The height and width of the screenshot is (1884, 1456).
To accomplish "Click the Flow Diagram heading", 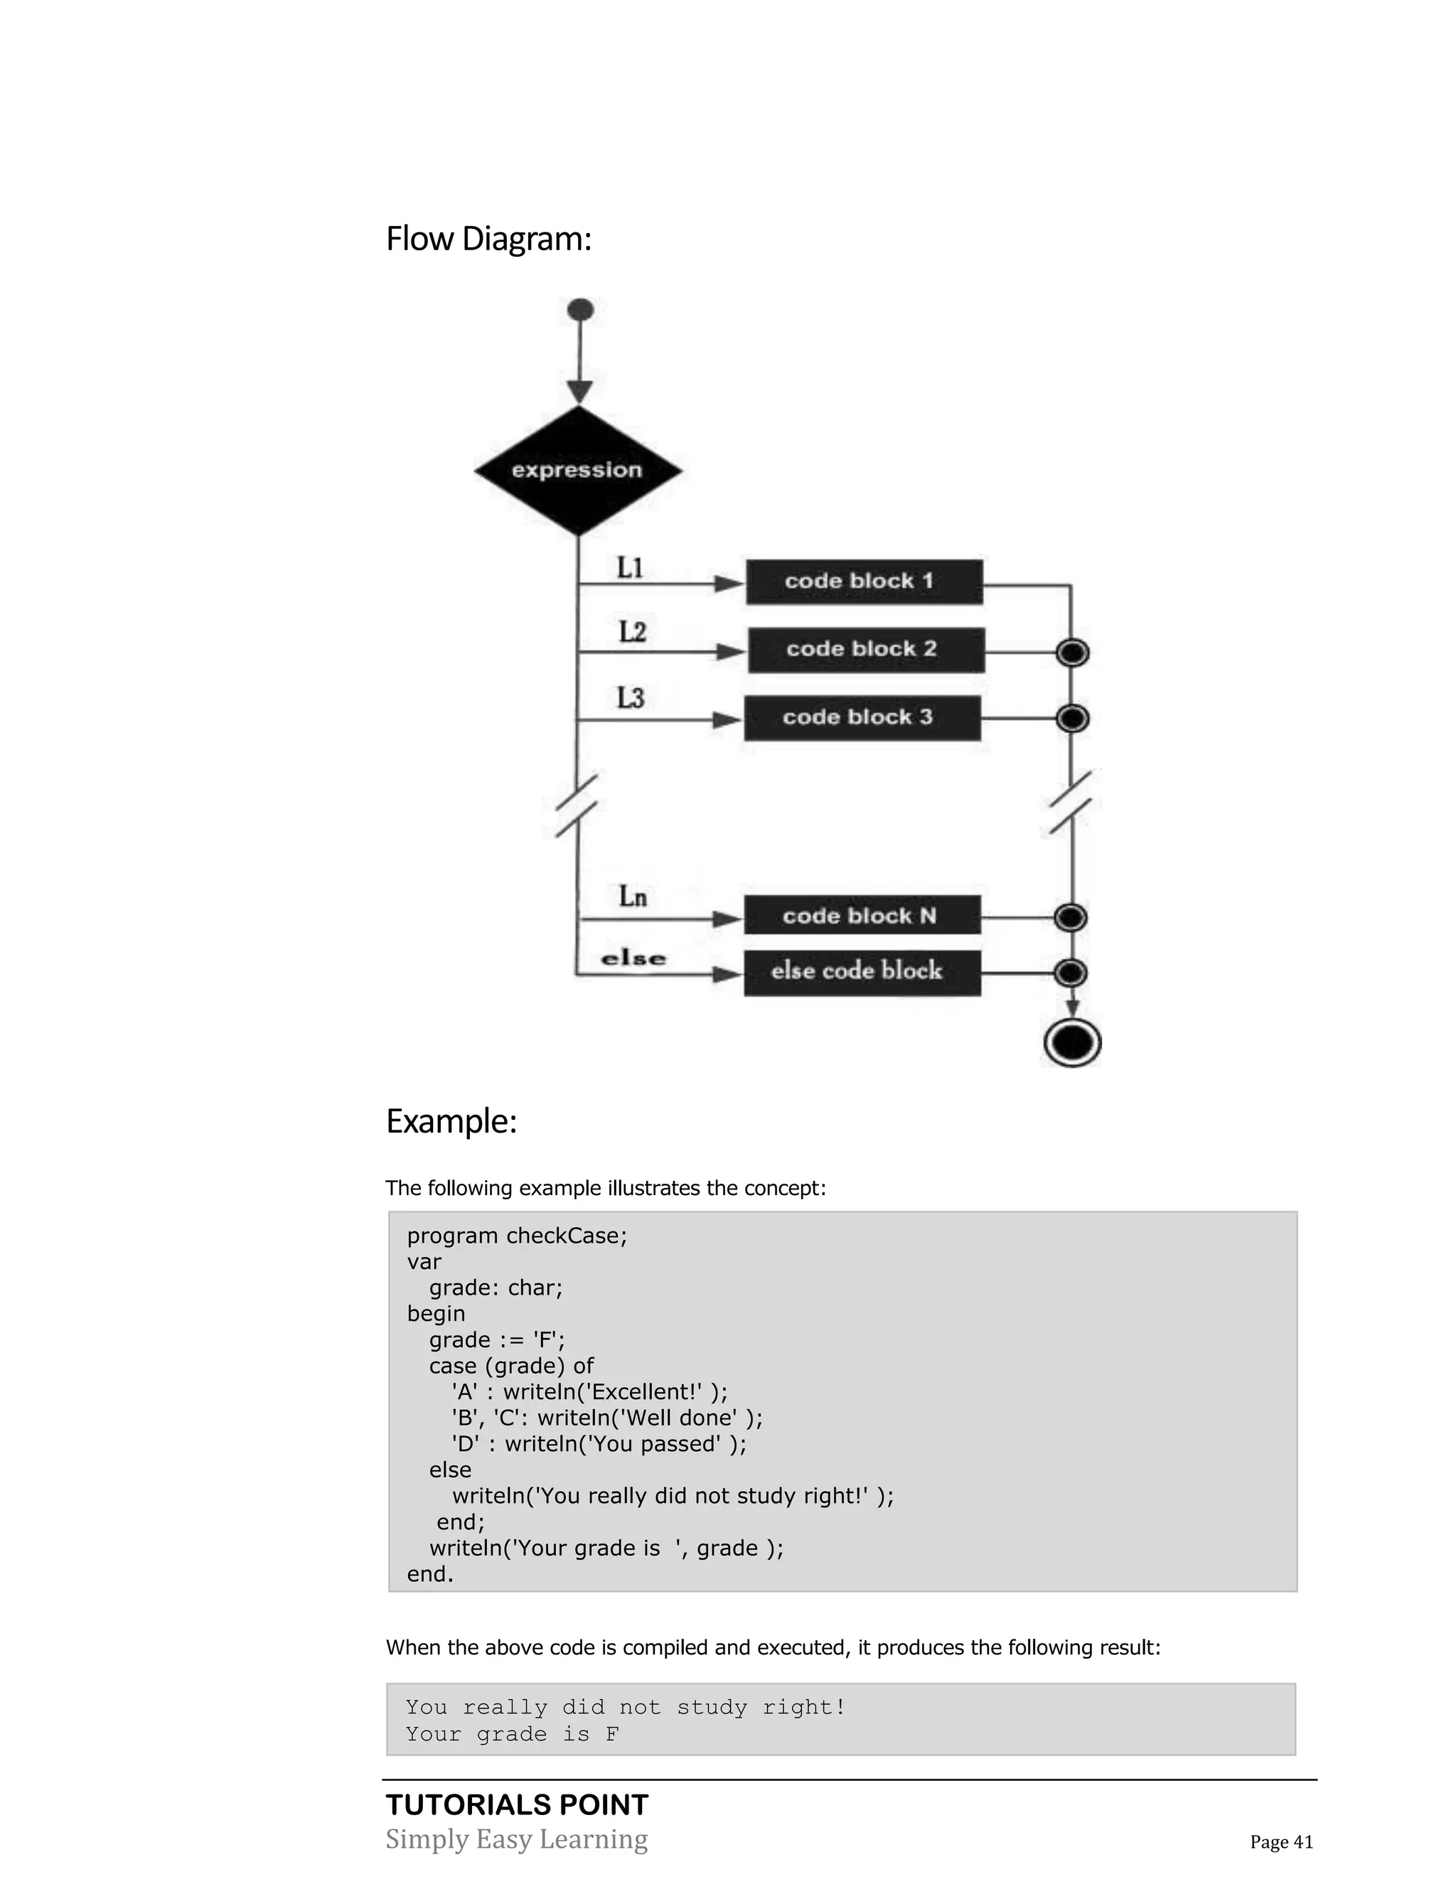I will pos(488,240).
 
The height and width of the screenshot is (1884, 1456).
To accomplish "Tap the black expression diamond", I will pos(578,471).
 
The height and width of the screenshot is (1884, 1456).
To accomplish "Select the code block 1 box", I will pos(863,582).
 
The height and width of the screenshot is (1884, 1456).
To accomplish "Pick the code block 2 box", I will pos(865,650).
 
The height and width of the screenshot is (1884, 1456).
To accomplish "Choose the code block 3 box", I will pos(862,718).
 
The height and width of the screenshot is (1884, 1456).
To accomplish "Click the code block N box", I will pos(862,916).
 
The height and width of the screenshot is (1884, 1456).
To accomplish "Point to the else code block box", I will pos(862,972).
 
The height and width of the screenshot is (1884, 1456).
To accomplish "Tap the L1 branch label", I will pos(630,567).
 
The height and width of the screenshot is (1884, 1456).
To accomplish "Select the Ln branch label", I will pos(632,897).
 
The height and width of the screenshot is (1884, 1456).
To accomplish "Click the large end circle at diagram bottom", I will pos(1072,1043).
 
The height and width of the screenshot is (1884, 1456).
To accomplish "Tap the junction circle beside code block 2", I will pos(1072,653).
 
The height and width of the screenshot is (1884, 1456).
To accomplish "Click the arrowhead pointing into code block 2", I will pos(731,652).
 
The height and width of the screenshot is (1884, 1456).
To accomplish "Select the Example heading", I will pos(451,1121).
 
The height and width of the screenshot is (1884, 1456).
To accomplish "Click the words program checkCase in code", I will pos(517,1236).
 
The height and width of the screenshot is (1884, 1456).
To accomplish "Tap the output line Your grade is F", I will pos(513,1734).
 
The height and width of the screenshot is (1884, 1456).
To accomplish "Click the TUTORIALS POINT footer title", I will pos(517,1804).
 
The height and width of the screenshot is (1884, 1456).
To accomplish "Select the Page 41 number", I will pos(1281,1842).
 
